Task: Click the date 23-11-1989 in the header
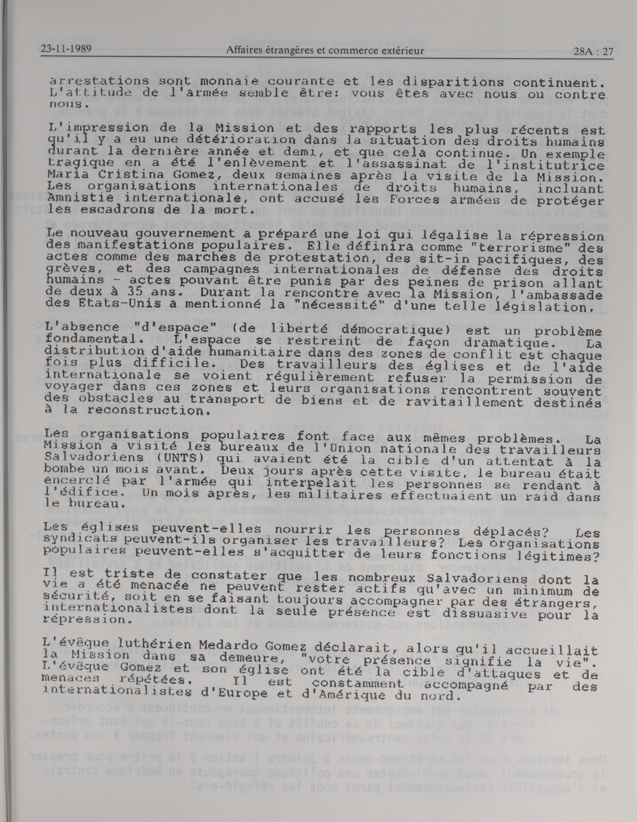coord(66,50)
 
